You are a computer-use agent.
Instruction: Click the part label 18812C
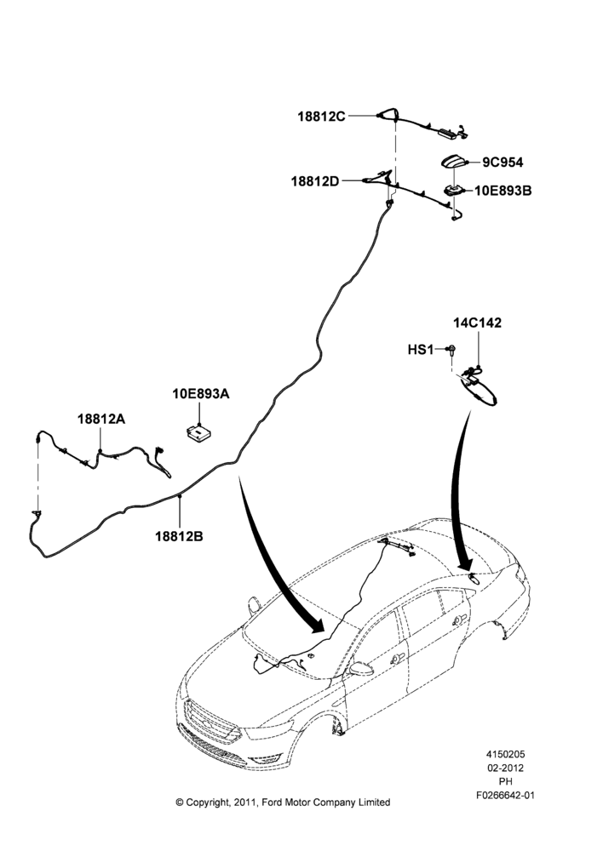pos(321,116)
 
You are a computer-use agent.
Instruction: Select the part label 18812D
pos(315,181)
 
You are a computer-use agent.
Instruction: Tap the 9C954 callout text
pos(502,163)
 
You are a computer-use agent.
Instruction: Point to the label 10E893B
pos(503,191)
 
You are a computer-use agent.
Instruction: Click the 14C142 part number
pos(478,323)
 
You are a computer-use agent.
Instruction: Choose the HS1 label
pos(421,350)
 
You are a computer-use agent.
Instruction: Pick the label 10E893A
pos(201,393)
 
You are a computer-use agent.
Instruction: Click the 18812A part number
pos(101,419)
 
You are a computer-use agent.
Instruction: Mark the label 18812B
pos(179,536)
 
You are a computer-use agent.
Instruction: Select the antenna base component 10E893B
pos(453,191)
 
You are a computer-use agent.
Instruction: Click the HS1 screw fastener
pos(451,350)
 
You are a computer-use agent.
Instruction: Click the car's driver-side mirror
pos(360,669)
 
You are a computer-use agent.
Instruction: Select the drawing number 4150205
pos(505,754)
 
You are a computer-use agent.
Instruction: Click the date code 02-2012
pos(505,768)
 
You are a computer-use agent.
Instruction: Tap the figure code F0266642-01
pos(505,796)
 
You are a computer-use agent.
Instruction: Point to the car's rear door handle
pos(460,620)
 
